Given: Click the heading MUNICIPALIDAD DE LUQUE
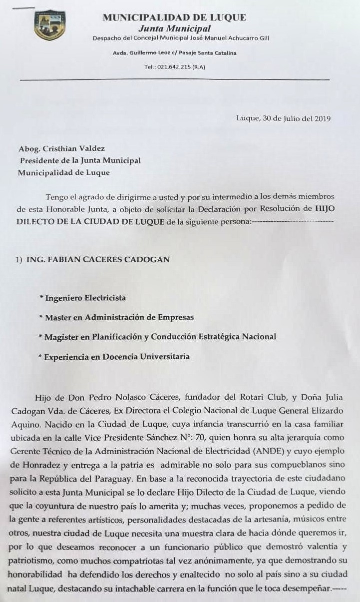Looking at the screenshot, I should tap(174, 17).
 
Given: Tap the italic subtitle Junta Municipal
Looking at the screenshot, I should tap(174, 29).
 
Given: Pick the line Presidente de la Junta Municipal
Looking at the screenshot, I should tap(80, 161).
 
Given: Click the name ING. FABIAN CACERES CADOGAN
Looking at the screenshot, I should tap(93, 259).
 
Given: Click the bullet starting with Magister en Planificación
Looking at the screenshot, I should tap(160, 337).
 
